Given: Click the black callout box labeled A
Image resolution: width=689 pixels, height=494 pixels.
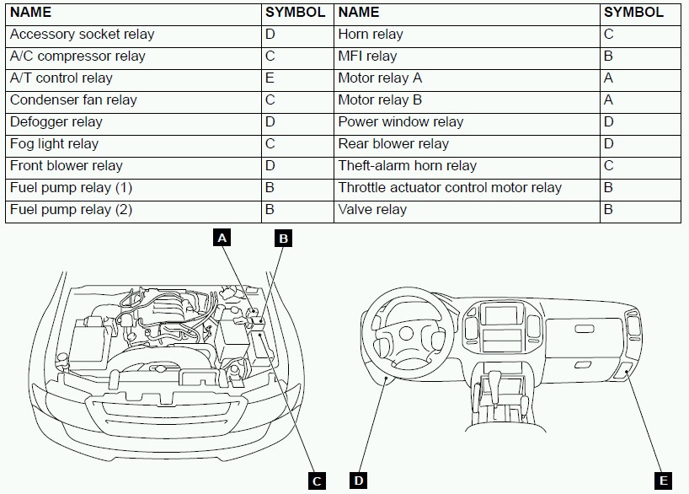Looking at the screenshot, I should (x=222, y=239).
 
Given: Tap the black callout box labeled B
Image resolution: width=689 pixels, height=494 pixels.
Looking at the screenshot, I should (x=284, y=239).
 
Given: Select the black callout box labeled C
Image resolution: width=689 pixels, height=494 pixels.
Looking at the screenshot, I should (x=317, y=481).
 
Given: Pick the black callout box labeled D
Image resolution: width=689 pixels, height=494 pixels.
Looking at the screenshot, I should (x=359, y=481).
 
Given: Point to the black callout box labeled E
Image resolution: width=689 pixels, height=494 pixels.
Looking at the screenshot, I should (x=664, y=481).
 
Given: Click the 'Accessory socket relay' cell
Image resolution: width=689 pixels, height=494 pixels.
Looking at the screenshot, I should (x=83, y=35).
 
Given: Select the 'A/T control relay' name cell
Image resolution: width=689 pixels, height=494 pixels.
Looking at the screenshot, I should (x=61, y=78).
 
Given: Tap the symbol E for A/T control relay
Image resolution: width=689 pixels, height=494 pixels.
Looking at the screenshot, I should (x=270, y=78).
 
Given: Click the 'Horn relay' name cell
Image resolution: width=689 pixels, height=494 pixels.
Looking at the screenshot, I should (x=371, y=35).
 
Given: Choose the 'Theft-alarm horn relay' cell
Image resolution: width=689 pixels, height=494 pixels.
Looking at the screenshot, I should (x=408, y=166).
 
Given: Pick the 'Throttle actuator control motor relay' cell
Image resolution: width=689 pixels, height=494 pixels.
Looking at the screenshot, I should (x=450, y=188).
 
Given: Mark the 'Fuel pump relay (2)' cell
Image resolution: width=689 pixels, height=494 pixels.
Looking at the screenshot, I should (x=72, y=210).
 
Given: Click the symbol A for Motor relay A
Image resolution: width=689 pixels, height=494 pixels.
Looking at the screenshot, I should (x=609, y=78).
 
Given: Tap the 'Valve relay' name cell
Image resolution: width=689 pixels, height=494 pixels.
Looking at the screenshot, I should (x=372, y=210).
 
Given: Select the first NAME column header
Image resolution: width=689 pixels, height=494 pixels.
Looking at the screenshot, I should (x=31, y=13).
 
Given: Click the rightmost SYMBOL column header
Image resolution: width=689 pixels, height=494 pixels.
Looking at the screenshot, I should (x=633, y=13).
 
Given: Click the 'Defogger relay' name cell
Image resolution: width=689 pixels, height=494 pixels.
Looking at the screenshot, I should (x=56, y=122).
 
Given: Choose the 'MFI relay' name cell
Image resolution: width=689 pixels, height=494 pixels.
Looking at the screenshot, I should (x=367, y=56).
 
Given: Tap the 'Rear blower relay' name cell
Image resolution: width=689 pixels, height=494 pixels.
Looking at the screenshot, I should (x=393, y=144).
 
